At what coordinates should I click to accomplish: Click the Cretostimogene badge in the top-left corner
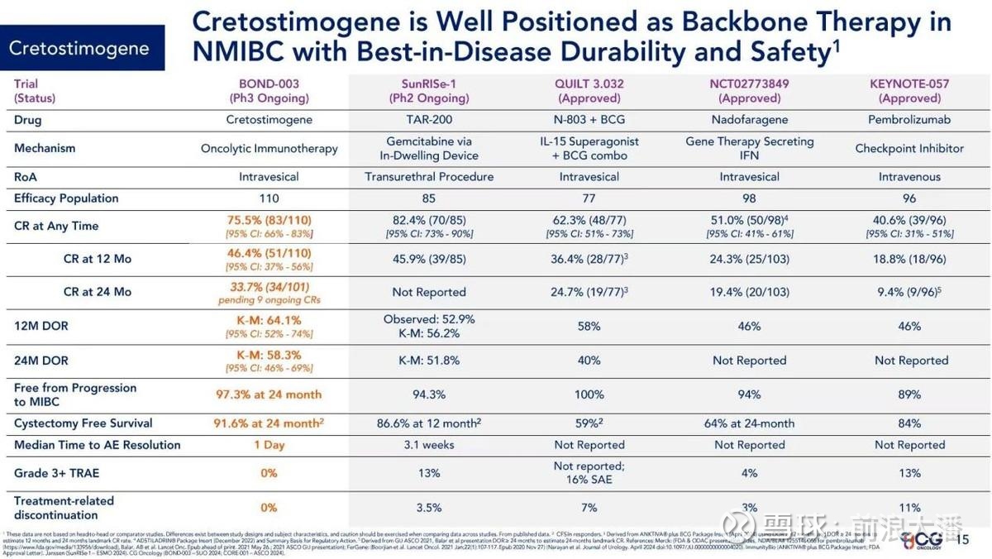tap(80, 48)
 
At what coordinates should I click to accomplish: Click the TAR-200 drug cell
tap(428, 120)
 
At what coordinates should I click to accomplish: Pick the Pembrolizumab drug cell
tap(909, 120)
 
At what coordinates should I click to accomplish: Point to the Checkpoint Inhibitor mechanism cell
tap(909, 149)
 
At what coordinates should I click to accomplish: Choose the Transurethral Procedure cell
tap(428, 177)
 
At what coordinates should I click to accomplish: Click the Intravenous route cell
tap(909, 177)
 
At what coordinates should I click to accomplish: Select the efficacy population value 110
tap(269, 198)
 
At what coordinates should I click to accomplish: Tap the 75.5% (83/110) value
tap(269, 221)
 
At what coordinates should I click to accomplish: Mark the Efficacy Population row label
tap(66, 198)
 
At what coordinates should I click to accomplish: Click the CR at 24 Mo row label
tap(97, 292)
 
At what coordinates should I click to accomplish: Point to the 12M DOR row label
tap(41, 326)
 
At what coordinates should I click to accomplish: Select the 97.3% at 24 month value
tap(269, 394)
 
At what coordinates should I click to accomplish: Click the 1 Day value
tap(269, 445)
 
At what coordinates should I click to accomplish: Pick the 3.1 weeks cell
tap(428, 445)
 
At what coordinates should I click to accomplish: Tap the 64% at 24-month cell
tap(750, 423)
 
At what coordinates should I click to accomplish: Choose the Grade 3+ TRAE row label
tap(59, 473)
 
